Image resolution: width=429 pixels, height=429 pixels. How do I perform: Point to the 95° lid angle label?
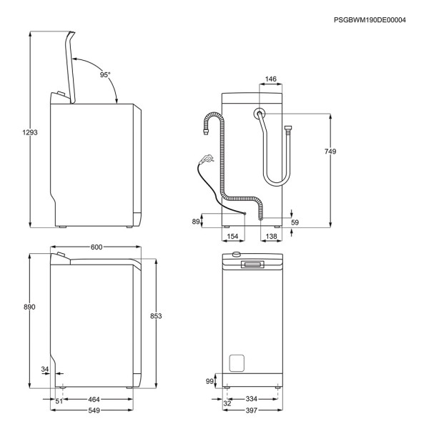tap(105, 74)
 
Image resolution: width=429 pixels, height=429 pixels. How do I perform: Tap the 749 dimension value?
tap(330, 152)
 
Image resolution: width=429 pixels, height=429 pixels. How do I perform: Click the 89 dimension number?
tap(196, 222)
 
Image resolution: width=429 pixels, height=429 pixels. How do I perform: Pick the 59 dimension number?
tap(295, 222)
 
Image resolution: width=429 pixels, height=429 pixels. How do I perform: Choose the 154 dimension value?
tap(232, 236)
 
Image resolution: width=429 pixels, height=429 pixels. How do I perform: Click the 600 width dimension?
tap(97, 247)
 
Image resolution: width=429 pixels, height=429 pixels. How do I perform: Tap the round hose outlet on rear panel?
tap(258, 113)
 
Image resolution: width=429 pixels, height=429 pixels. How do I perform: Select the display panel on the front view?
tap(253, 265)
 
